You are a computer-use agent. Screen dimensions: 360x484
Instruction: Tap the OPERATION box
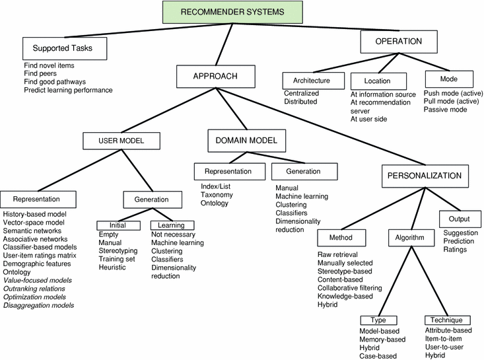399,42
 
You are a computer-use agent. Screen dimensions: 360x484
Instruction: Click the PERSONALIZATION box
425,176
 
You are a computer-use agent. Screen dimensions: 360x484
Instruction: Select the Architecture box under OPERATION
306,81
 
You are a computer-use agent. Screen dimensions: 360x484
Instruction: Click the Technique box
446,320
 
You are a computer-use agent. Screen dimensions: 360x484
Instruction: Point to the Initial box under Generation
120,225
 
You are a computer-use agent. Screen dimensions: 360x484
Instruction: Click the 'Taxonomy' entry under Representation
218,194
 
